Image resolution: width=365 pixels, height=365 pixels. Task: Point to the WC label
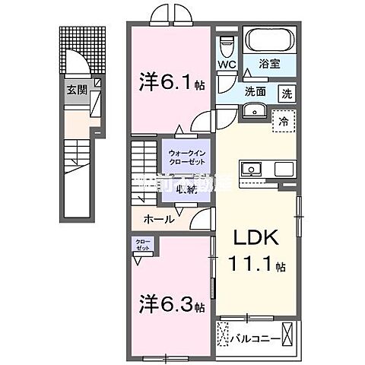227,65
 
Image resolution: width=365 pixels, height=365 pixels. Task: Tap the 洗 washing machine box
287,94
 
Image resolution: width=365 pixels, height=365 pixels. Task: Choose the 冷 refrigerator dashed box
282,121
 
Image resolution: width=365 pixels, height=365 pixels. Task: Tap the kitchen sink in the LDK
252,169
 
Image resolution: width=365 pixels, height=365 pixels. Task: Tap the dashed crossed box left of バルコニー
224,334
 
